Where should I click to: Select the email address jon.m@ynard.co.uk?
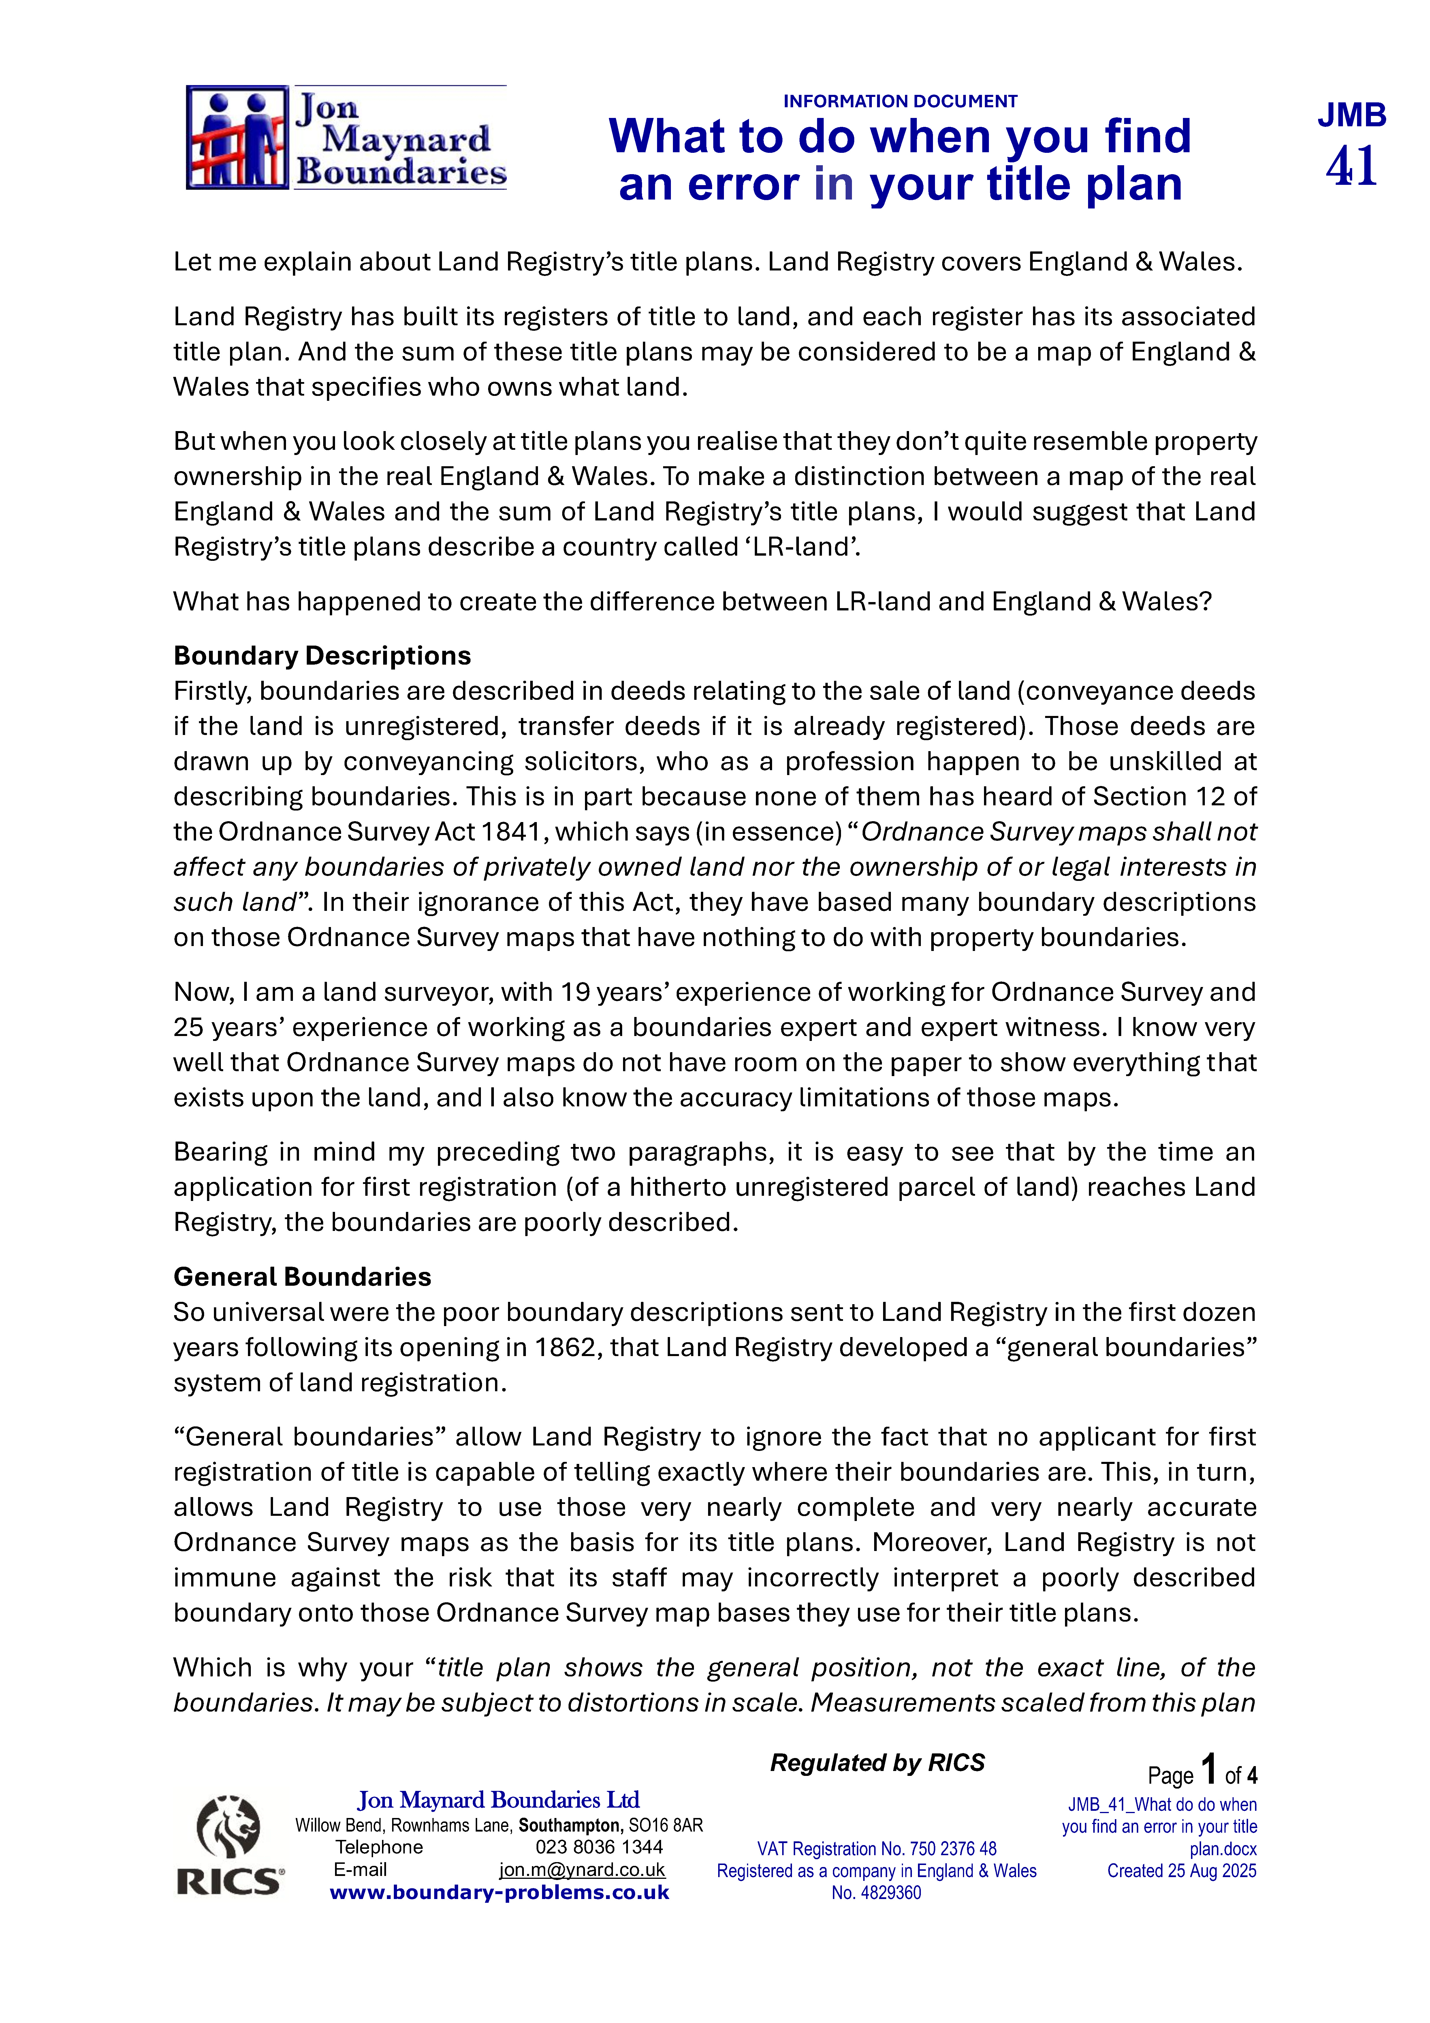(x=582, y=1870)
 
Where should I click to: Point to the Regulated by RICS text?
(x=877, y=1763)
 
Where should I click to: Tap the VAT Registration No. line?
(x=877, y=1849)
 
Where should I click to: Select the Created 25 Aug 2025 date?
(x=1181, y=1870)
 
